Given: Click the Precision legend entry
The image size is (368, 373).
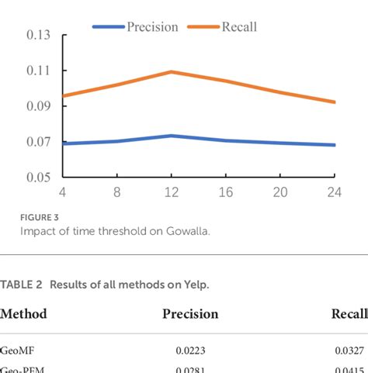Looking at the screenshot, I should coord(135,27).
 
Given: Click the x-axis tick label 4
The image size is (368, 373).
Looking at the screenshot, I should coord(63,192).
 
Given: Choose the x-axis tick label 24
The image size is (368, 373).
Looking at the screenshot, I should coord(335,192).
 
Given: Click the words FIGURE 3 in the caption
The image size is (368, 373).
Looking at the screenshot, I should coord(38,218).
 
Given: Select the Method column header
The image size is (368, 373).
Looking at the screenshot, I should coord(23,314).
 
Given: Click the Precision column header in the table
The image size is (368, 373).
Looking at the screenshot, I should coord(190,314).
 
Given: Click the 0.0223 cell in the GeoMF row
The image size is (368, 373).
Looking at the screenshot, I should coord(190,351).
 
